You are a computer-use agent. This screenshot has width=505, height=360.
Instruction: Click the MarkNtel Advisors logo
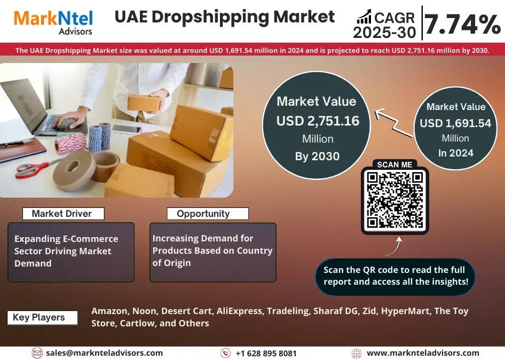53,22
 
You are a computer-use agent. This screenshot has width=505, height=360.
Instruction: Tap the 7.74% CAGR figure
462,24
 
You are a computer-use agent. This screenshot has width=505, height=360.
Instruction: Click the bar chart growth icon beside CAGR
364,17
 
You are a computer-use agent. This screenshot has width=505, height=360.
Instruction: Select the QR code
395,200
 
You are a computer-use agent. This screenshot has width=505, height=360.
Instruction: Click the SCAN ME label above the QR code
394,165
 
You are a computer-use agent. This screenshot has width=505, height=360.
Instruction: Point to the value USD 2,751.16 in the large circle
318,121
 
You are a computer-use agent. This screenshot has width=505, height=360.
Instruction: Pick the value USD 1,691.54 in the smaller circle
455,123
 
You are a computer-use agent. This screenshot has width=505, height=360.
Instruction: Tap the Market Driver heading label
63,213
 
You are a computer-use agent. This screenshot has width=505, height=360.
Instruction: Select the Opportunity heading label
208,213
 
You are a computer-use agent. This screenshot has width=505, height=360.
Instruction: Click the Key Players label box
42,317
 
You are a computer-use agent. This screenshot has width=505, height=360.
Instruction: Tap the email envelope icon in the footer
37,353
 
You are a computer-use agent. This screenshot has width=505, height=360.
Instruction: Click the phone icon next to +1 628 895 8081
225,353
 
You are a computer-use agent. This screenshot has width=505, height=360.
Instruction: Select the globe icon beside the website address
356,353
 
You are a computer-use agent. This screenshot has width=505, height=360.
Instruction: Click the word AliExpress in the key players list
239,311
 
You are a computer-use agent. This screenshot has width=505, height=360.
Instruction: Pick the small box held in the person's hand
143,104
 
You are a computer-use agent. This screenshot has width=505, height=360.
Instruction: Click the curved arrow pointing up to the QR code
394,247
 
